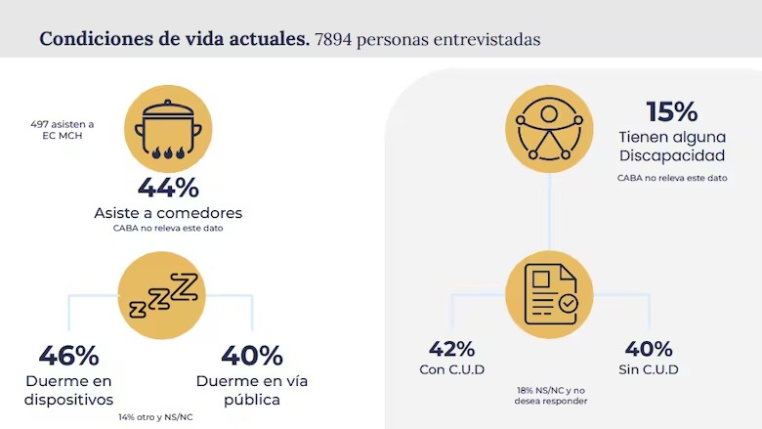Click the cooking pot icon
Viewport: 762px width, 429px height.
168,130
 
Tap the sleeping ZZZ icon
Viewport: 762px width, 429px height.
163,295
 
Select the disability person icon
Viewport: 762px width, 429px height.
549,128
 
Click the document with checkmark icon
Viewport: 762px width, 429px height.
549,294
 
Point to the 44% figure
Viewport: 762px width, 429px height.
168,187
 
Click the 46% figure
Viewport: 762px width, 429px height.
68,356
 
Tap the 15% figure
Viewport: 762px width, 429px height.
671,111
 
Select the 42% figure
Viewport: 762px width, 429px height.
451,349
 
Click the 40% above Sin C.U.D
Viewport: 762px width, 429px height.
649,349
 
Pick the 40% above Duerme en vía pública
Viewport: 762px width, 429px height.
251,356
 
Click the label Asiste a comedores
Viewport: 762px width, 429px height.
168,212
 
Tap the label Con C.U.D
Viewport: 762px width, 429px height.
451,369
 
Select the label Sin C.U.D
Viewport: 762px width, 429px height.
649,369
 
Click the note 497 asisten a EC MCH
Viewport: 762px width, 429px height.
62,131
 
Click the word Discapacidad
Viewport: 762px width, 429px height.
671,155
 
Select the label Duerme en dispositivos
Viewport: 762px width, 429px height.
69,390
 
